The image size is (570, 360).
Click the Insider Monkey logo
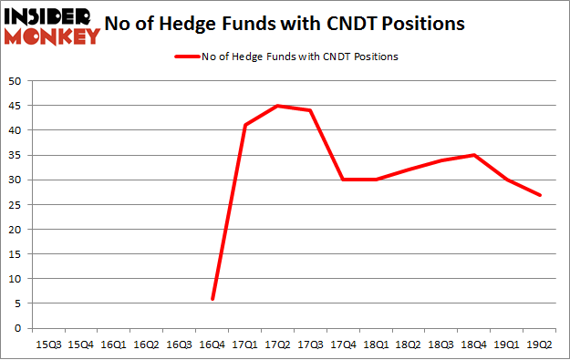(52, 26)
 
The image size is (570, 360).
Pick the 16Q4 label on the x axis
(212, 344)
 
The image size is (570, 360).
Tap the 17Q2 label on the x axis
(278, 344)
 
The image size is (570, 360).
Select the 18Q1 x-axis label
(377, 344)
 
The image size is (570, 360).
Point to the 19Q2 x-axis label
(541, 344)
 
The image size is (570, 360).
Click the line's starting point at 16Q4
(212, 298)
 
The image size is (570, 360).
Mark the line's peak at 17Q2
(278, 106)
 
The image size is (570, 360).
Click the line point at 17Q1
(245, 125)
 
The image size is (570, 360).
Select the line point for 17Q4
(344, 180)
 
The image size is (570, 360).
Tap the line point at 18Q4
(475, 155)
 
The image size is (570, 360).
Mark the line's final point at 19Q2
(541, 194)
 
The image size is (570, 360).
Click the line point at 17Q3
(311, 110)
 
